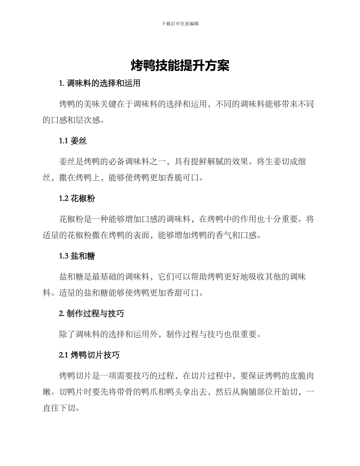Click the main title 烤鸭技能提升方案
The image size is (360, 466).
tap(180, 66)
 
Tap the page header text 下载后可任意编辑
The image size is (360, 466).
tap(180, 23)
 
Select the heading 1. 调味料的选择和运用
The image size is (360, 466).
tap(100, 83)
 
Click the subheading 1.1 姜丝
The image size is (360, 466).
tap(73, 141)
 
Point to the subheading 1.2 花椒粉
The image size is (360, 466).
tap(77, 199)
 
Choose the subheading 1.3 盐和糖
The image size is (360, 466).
tap(77, 256)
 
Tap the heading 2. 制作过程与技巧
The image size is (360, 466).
tap(92, 314)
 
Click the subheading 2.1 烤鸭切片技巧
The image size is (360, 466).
tap(89, 355)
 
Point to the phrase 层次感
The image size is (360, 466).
tap(92, 120)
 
